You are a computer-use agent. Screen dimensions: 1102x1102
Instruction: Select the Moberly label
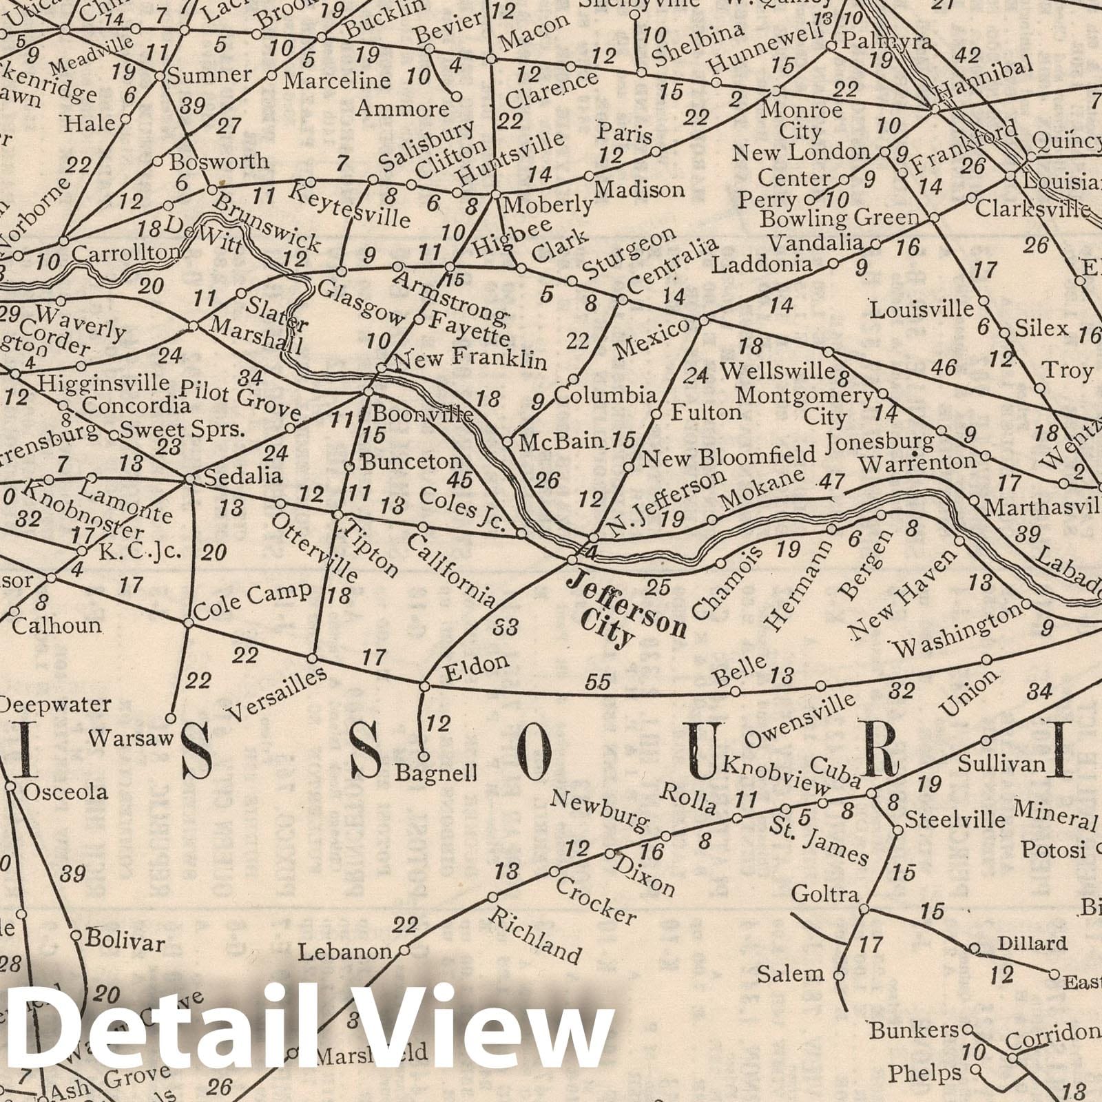click(x=548, y=205)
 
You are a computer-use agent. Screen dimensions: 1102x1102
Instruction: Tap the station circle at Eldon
click(x=425, y=685)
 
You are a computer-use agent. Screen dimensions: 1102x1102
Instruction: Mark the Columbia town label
click(x=605, y=395)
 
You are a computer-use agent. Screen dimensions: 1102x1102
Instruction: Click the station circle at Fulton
click(x=656, y=415)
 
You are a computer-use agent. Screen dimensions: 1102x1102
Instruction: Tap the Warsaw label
click(x=129, y=740)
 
